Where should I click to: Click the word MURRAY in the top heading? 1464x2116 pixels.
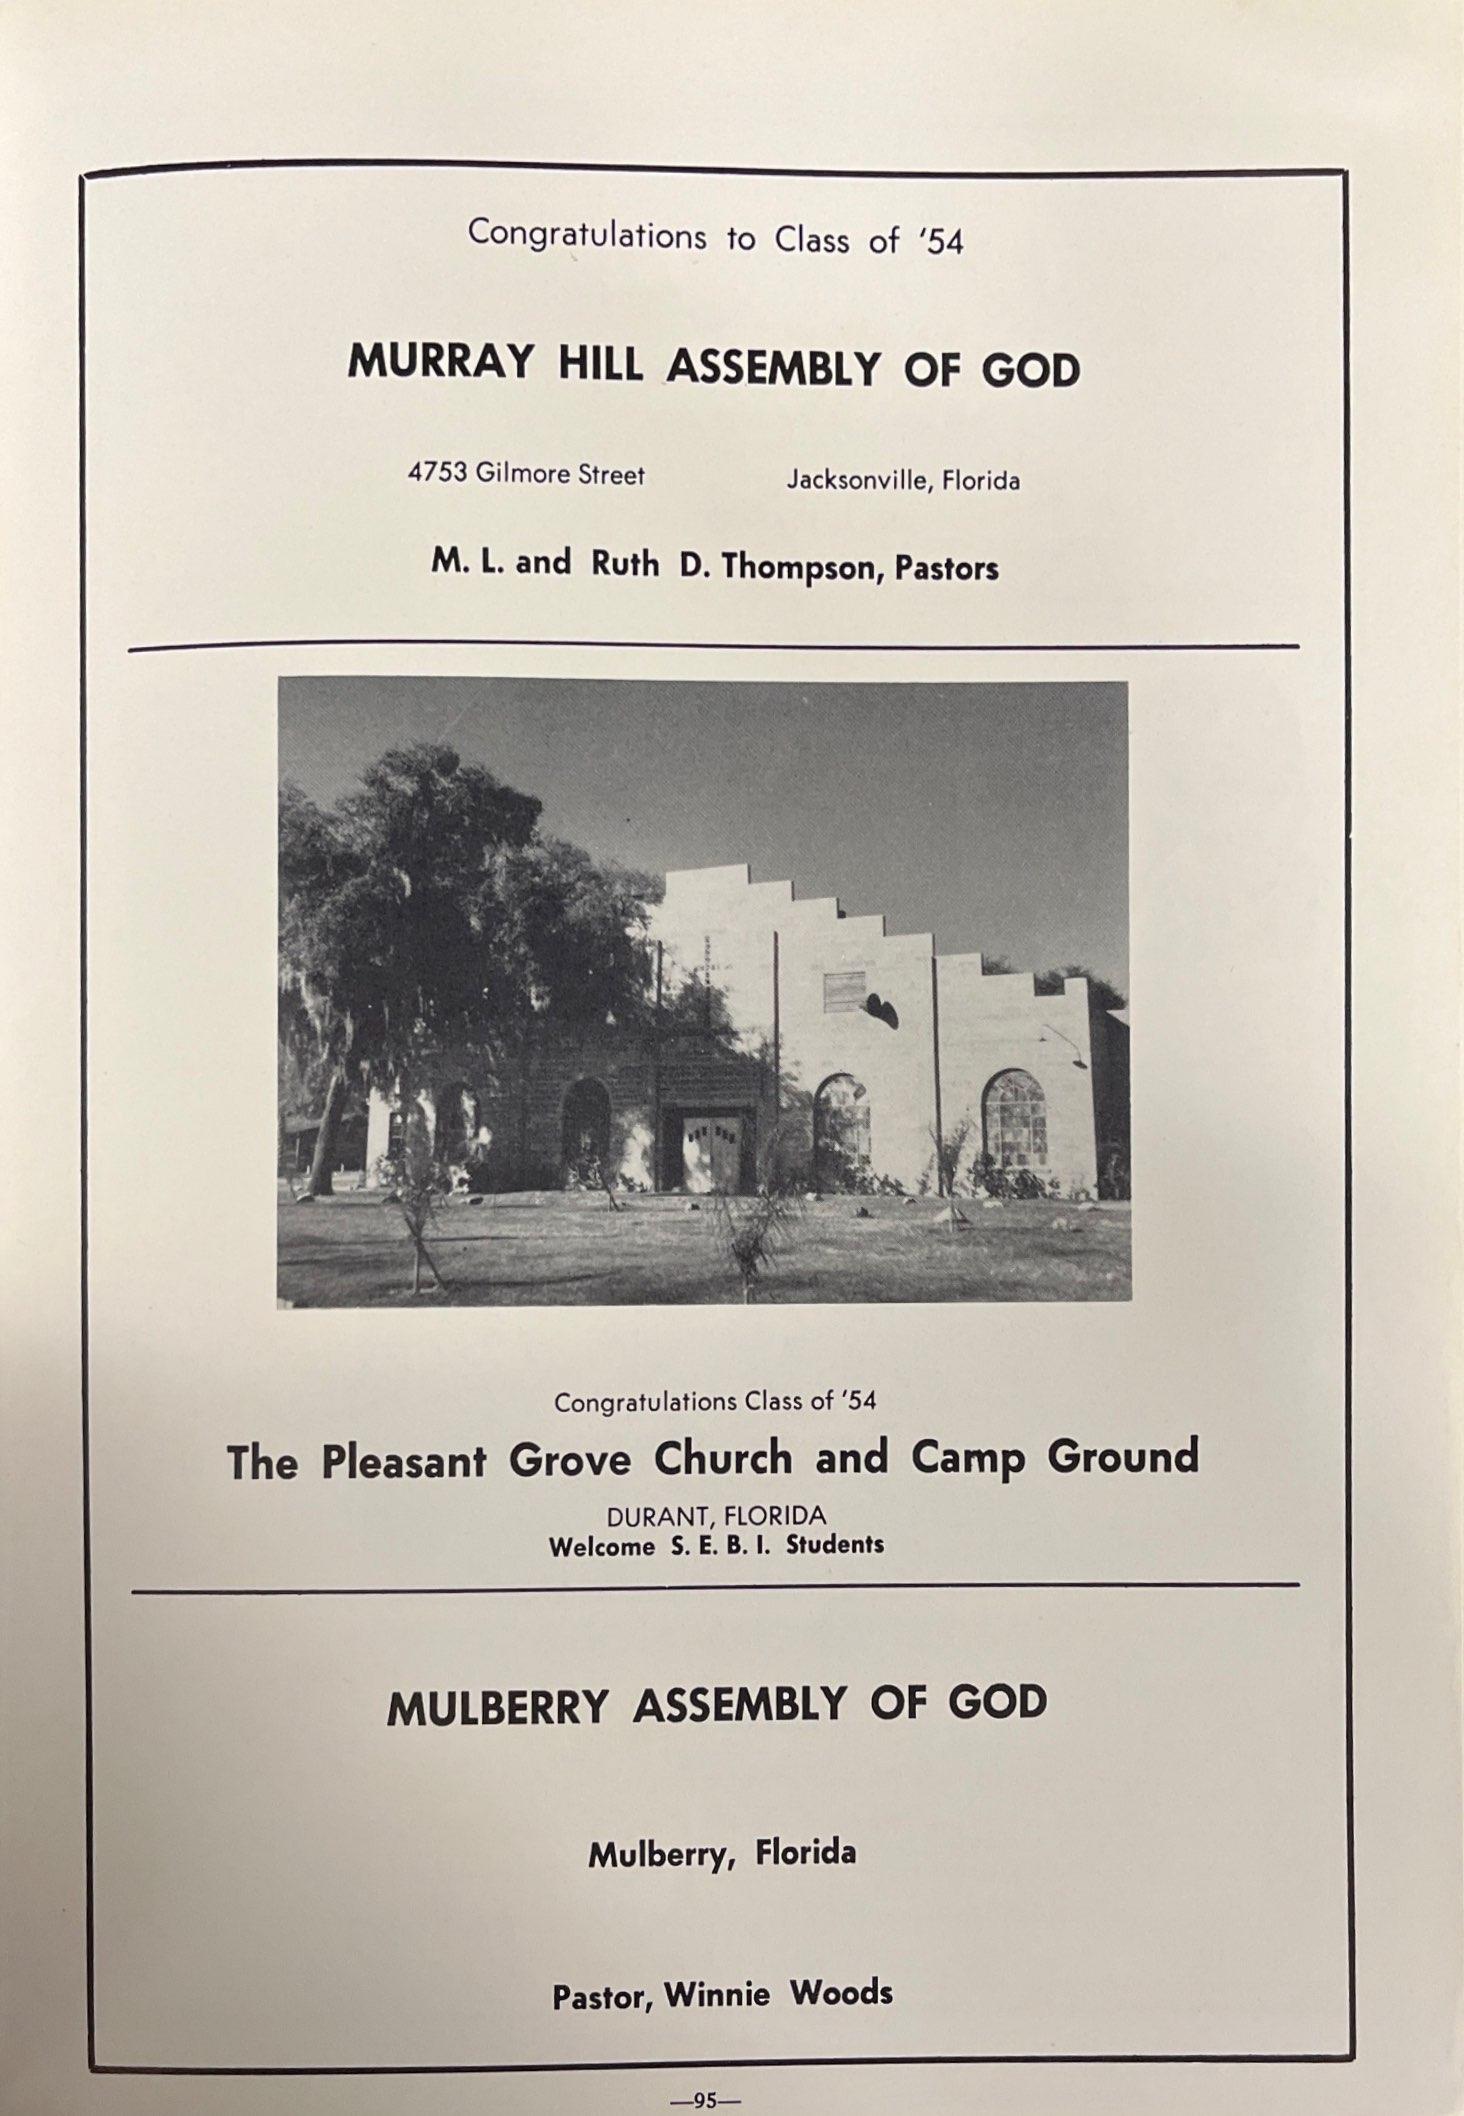click(439, 362)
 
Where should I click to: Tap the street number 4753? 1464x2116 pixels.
click(437, 472)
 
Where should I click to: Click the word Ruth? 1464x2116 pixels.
click(625, 564)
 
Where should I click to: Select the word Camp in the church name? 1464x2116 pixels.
click(967, 1458)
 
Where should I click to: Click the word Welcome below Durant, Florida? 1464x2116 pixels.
click(601, 1546)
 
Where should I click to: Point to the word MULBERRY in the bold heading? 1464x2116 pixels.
click(497, 1708)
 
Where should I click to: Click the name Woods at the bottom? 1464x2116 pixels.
click(841, 1993)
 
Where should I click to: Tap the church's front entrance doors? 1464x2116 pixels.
click(711, 1151)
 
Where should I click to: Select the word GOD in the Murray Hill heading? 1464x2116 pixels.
click(1030, 370)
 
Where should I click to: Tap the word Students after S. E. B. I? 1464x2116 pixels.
click(835, 1545)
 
